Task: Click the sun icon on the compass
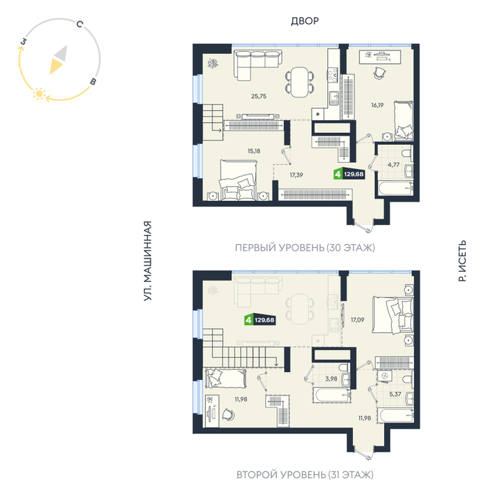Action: point(39,94)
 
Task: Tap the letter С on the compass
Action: point(80,23)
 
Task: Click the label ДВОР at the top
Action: point(305,21)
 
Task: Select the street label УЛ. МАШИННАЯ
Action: point(148,261)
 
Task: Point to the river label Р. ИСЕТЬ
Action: point(462,261)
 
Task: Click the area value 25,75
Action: point(258,97)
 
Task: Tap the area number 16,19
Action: point(377,105)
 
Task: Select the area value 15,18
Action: point(254,151)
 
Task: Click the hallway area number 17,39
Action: point(296,175)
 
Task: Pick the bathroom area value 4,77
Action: point(393,165)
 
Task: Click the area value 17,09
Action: point(357,320)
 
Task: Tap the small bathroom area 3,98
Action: point(332,378)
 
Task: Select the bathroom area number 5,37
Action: point(395,394)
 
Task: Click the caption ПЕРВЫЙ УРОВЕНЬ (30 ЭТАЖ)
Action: point(305,248)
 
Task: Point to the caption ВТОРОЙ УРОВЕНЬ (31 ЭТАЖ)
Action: point(305,474)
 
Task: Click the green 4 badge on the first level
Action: point(338,175)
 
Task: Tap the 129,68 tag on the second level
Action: point(264,319)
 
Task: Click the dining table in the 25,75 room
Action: point(300,82)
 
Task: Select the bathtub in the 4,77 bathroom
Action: point(395,189)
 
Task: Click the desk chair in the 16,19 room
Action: point(379,73)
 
